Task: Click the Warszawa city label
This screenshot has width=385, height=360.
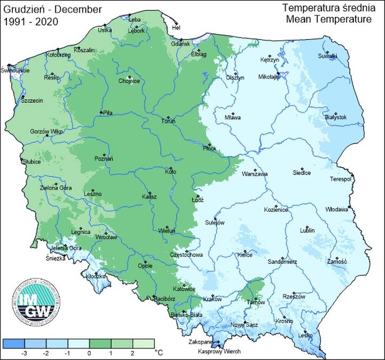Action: pos(254,174)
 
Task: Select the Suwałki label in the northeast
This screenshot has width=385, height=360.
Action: pos(328,56)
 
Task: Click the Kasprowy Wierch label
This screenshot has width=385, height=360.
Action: pos(219,351)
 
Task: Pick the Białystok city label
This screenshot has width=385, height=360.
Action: pos(335,117)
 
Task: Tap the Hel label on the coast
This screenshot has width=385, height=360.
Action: pos(176,28)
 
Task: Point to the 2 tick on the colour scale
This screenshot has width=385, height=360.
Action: pos(131,354)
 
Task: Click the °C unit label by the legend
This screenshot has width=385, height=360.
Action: pos(158,353)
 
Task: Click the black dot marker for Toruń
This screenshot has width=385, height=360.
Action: pos(168,117)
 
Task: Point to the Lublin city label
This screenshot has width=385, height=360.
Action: pos(307,230)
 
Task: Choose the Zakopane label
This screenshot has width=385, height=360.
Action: pos(203,341)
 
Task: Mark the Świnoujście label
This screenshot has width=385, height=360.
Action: pos(15,70)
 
